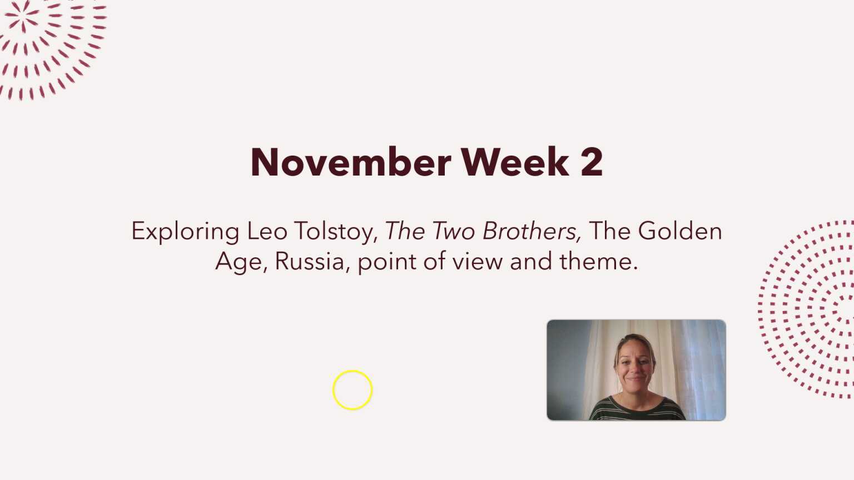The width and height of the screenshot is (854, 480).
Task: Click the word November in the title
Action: pos(350,162)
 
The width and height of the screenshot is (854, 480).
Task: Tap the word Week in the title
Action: pos(515,162)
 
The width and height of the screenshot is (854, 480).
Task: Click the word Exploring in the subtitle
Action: pos(185,232)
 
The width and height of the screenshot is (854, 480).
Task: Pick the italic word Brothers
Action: pos(532,231)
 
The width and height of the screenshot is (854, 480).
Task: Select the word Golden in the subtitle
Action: pos(679,231)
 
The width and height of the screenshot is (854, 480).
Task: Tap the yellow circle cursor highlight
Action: pos(352,390)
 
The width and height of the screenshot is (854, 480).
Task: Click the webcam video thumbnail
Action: pos(636,370)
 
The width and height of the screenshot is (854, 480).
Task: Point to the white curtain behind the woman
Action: pos(689,361)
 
